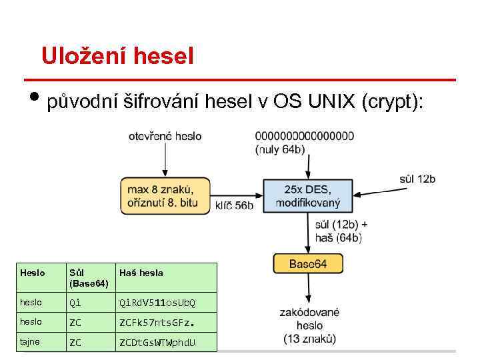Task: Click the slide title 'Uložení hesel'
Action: point(117,55)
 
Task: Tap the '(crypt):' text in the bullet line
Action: point(392,103)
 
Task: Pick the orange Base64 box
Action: point(308,263)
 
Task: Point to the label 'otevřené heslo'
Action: point(165,136)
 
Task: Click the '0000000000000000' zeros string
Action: point(305,136)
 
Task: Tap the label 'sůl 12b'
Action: point(417,179)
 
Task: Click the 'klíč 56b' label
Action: point(234,205)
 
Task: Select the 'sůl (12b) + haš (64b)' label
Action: point(341,231)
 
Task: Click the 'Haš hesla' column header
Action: point(141,273)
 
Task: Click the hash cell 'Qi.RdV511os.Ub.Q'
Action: point(157,303)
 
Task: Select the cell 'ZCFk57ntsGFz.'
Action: point(157,323)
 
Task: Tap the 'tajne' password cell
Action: point(31,342)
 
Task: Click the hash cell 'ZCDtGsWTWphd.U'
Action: point(157,343)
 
